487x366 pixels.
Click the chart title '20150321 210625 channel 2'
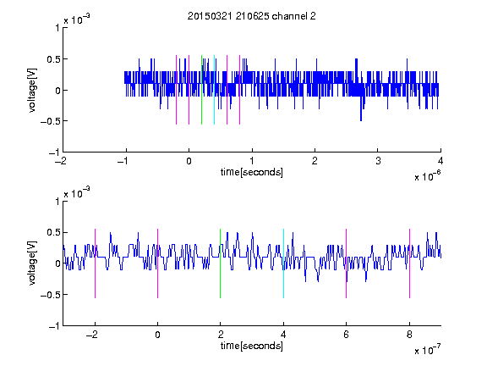(x=252, y=16)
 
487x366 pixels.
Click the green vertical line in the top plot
(x=201, y=90)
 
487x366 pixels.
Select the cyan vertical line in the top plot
(x=214, y=90)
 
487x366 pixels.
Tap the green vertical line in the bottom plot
(x=220, y=263)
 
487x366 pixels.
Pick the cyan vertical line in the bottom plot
(x=283, y=263)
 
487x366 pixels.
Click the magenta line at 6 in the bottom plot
(x=347, y=263)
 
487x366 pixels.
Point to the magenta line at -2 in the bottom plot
(x=95, y=263)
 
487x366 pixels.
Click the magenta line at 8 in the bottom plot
(x=410, y=263)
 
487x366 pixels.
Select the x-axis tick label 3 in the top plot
(x=378, y=161)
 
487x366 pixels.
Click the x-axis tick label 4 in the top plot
(x=440, y=161)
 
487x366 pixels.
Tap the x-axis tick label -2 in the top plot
(x=61, y=161)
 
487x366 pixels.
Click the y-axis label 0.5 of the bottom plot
(x=53, y=232)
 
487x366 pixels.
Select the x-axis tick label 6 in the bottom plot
(x=347, y=335)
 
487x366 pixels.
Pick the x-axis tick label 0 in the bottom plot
(x=158, y=335)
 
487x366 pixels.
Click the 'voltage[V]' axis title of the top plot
(x=32, y=90)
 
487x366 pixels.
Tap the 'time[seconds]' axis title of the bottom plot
(x=252, y=346)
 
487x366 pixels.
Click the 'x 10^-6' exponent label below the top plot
(x=428, y=176)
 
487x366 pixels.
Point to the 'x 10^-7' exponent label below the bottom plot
(x=428, y=350)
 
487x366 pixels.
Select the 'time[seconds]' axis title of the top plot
(x=252, y=172)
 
